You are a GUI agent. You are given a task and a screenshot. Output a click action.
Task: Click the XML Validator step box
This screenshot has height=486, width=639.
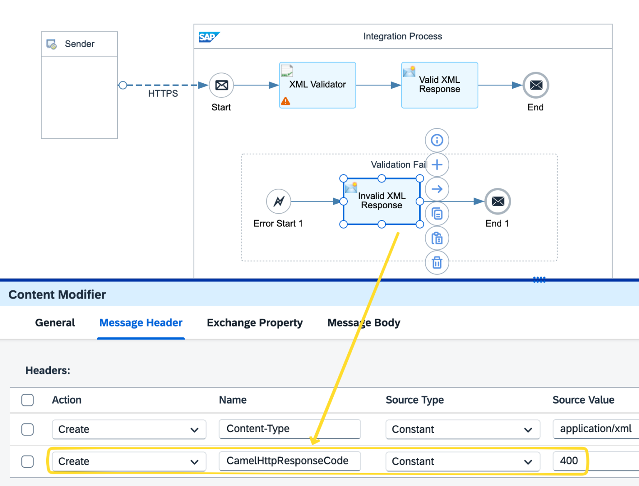click(317, 85)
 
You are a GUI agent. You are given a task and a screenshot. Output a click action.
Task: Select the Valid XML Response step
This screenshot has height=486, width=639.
click(439, 85)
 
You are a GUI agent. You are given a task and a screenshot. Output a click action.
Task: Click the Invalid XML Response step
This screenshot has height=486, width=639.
click(381, 201)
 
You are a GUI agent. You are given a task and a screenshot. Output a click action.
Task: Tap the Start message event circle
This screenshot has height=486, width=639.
click(221, 85)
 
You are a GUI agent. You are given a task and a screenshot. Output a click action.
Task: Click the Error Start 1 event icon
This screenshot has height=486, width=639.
click(278, 201)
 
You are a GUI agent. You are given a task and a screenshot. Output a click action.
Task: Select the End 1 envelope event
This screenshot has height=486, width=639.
click(498, 201)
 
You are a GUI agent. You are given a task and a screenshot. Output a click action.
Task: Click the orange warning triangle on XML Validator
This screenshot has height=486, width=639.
click(285, 101)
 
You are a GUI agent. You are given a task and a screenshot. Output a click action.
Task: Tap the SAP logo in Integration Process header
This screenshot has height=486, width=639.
click(208, 37)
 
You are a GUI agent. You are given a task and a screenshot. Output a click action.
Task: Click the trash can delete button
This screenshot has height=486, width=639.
click(437, 262)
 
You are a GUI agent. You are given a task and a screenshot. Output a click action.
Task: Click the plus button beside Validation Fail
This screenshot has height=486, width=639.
click(437, 164)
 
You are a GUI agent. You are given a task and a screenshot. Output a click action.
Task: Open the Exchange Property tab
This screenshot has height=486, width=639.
click(255, 323)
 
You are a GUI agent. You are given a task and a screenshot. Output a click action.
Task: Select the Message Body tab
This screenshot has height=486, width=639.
click(364, 323)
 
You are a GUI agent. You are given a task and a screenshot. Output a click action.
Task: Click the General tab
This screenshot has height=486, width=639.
click(55, 323)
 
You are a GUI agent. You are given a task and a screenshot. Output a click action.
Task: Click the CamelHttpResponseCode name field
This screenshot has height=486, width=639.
click(290, 461)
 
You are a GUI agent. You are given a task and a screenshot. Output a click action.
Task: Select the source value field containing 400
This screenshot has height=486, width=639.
click(569, 461)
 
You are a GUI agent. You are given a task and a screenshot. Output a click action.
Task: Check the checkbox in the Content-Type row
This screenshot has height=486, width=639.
click(27, 429)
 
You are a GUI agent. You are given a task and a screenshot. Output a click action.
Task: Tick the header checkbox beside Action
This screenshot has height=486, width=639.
click(27, 400)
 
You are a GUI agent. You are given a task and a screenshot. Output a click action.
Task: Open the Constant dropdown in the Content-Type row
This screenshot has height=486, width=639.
click(463, 429)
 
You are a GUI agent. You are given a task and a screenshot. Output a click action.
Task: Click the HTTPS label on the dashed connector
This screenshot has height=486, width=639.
click(163, 94)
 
